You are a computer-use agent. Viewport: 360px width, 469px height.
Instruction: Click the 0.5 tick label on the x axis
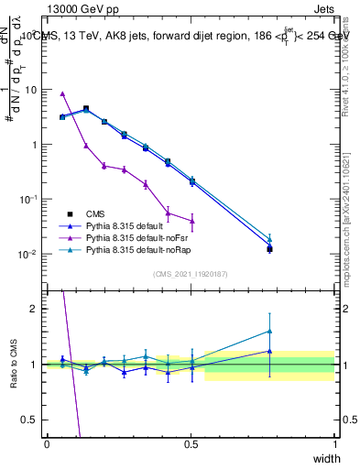(x=191, y=444)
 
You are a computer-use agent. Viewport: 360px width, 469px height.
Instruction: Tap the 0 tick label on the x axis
(x=47, y=444)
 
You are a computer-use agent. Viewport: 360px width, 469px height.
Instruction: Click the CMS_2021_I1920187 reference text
(x=191, y=274)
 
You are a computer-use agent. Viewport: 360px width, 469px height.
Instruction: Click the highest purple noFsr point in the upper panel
(x=62, y=93)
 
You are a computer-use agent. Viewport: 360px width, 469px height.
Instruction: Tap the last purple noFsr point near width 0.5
(x=191, y=221)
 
